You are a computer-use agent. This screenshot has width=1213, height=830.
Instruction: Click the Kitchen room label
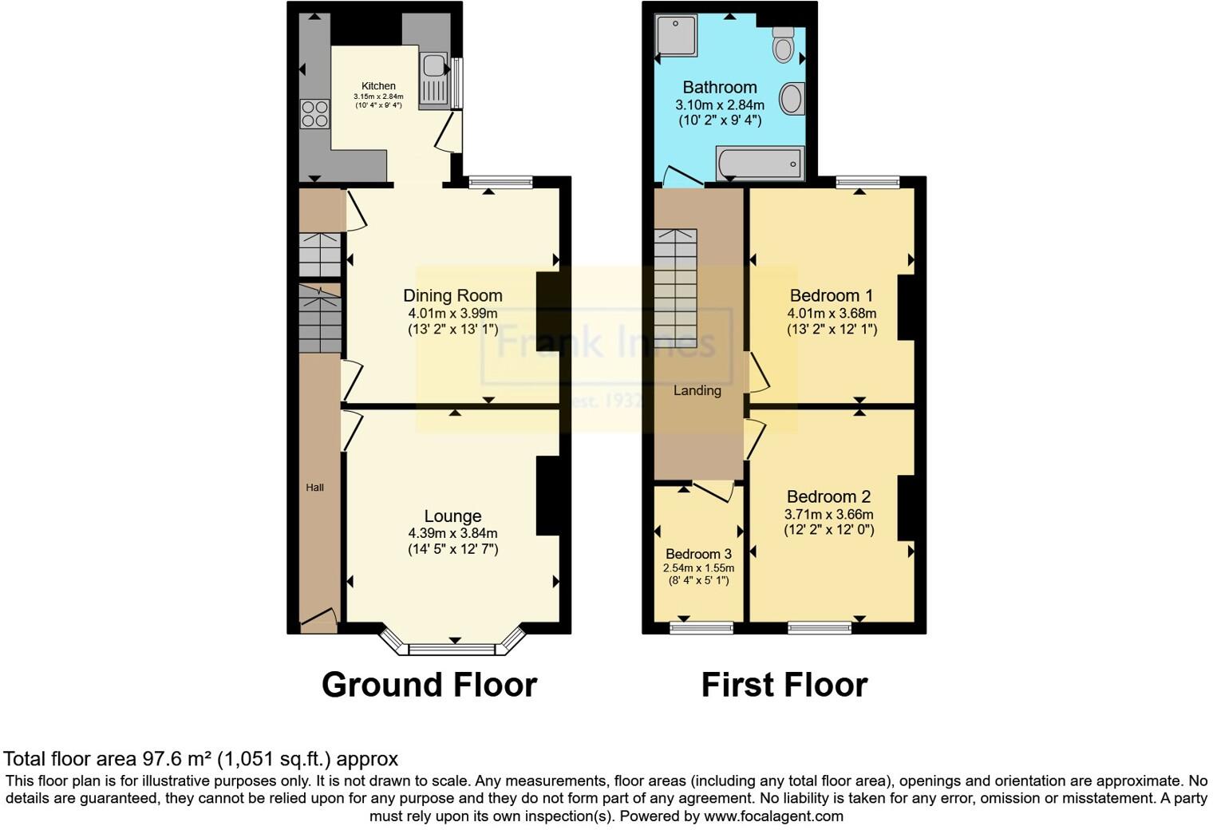pos(378,86)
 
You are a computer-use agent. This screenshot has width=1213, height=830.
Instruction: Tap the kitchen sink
pos(434,77)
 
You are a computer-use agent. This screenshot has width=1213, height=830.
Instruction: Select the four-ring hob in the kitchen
pos(314,113)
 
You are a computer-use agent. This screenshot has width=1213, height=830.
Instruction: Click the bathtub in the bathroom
pos(760,164)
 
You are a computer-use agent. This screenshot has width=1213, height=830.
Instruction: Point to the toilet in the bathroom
pos(784,45)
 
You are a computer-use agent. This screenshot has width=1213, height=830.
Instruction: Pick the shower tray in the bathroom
pos(676,36)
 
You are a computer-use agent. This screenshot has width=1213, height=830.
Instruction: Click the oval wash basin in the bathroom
pos(792,99)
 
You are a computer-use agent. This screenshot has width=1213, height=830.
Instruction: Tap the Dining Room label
pos(452,295)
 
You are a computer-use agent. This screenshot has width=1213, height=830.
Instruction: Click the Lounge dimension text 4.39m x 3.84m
pos(452,533)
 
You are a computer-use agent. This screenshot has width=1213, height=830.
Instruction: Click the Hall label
pos(315,488)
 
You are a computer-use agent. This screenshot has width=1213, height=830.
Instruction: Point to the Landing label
pos(697,390)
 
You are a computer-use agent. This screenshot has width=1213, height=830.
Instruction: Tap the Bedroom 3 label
pos(698,554)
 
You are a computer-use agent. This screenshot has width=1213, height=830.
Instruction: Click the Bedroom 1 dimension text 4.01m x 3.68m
pos(832,313)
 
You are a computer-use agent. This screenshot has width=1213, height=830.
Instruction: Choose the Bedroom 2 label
pos(828,496)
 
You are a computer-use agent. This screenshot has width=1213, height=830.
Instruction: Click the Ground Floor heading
pos(429,685)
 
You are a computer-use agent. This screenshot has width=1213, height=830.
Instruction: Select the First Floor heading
pos(784,685)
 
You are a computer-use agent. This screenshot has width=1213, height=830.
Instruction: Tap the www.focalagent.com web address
pos(773,816)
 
